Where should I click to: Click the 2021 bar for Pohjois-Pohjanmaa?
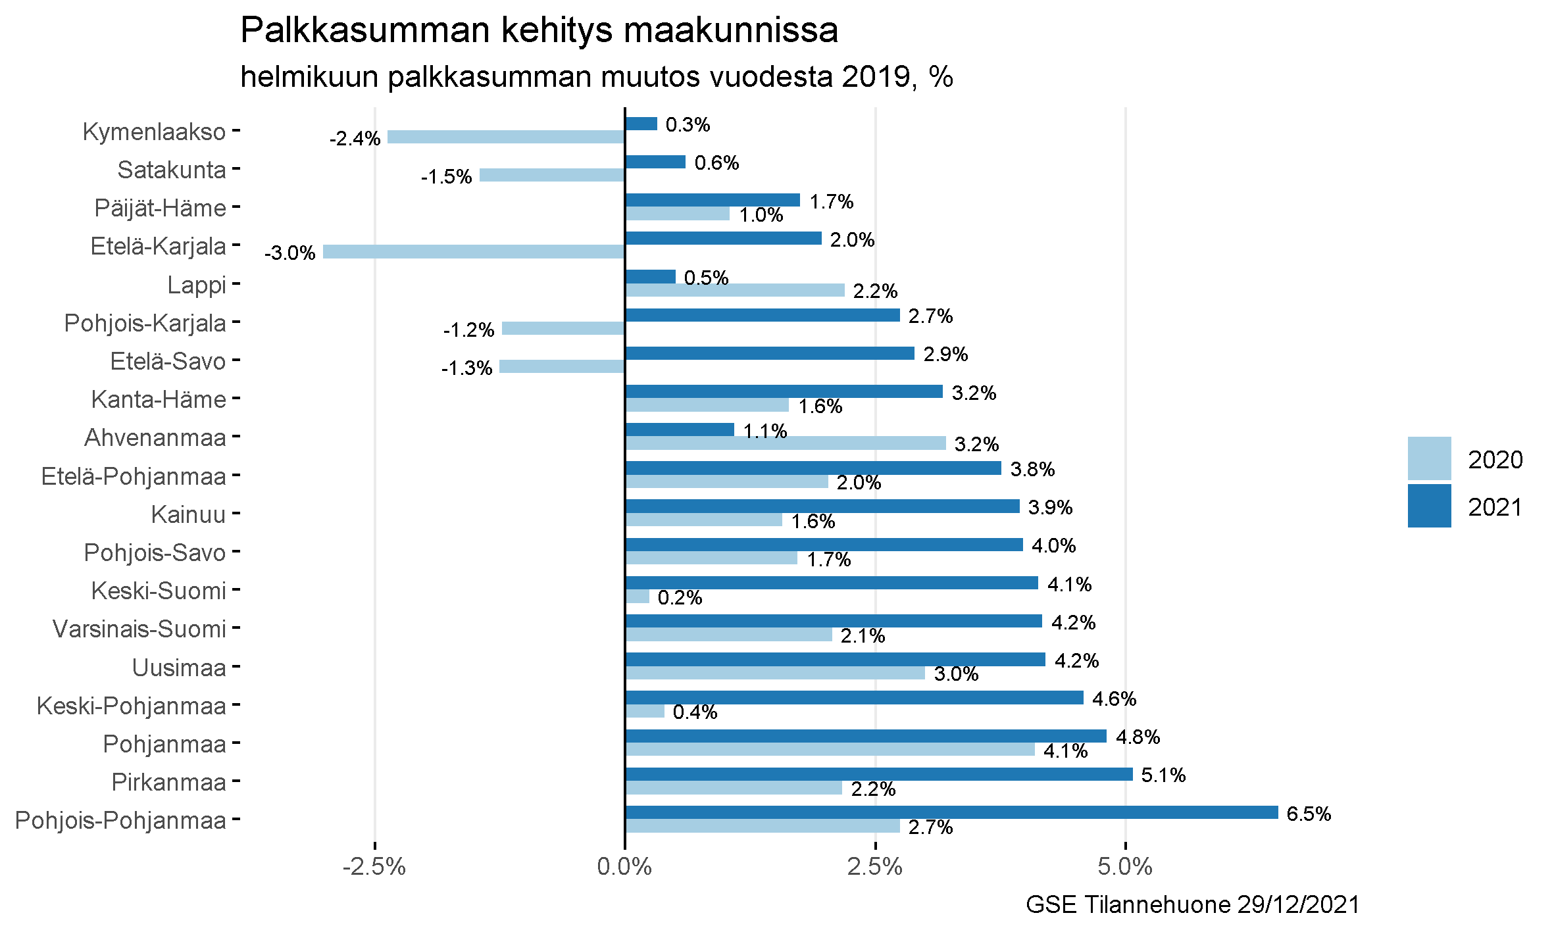click(x=951, y=812)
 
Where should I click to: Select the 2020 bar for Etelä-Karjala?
click(x=474, y=251)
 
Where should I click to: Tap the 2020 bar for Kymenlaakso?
click(x=506, y=137)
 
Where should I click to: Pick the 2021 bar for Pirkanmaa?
click(x=879, y=774)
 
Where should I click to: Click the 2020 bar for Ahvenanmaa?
click(x=786, y=443)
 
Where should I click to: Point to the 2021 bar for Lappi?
click(x=651, y=276)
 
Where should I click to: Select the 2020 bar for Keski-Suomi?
click(x=638, y=596)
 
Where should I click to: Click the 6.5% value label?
click(x=1309, y=814)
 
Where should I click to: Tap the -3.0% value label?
click(x=290, y=253)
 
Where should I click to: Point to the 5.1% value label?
click(x=1163, y=775)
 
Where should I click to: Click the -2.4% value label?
click(x=355, y=138)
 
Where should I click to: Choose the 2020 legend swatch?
click(x=1429, y=458)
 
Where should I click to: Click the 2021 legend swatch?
click(x=1429, y=506)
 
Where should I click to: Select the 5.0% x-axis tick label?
click(x=1125, y=867)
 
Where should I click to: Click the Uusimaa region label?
click(x=179, y=668)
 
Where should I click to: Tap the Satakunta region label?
click(x=172, y=170)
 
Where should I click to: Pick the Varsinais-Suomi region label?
click(x=139, y=629)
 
